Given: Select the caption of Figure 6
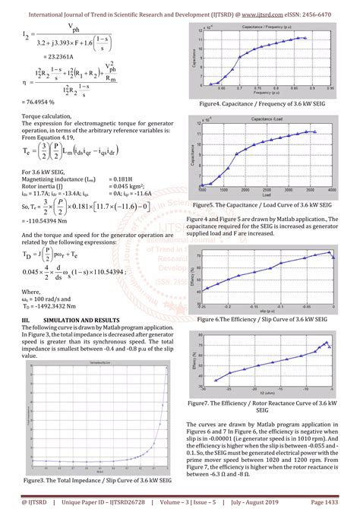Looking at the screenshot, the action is tap(261, 320).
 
